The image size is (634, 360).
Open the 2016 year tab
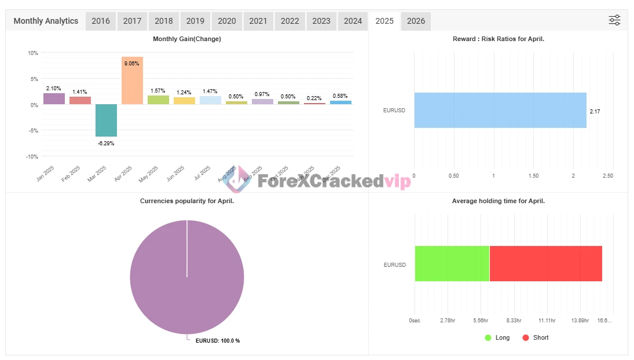pos(101,21)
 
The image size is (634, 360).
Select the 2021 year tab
pos(258,21)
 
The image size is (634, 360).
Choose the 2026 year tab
pos(416,21)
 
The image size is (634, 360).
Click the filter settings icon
pos(614,20)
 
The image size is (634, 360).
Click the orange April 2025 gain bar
pos(132,80)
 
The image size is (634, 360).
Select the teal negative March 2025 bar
pos(106,120)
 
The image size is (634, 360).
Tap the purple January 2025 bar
pos(54,98)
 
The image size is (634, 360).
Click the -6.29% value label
pos(106,143)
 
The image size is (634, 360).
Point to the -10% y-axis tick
pos(32,156)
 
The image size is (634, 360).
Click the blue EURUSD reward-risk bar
pos(500,110)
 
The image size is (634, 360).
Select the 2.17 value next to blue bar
pos(595,111)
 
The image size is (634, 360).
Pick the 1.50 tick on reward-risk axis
pos(533,176)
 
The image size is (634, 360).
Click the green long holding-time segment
pos(452,263)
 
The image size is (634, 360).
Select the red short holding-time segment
pos(545,263)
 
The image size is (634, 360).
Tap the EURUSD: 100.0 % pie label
pos(217,340)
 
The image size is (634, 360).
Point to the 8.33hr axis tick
pos(514,320)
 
